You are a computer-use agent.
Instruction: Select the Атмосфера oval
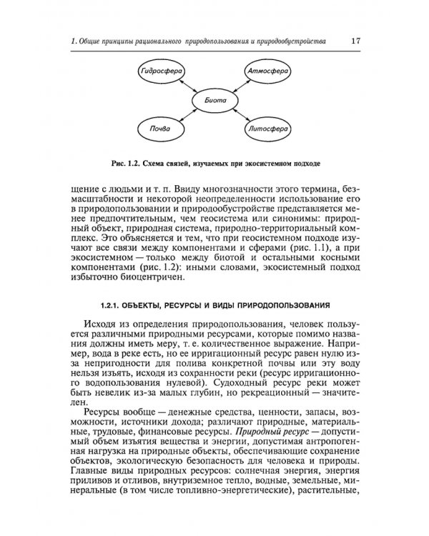(x=268, y=72)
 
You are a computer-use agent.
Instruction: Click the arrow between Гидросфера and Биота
(x=184, y=86)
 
